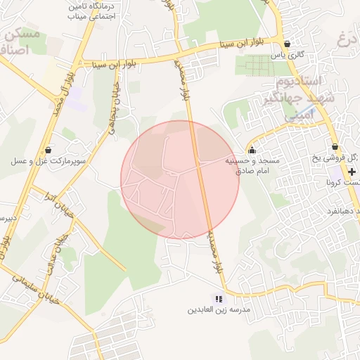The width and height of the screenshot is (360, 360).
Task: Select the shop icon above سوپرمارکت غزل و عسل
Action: tap(48, 150)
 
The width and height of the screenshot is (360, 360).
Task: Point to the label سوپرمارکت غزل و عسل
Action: tap(48, 161)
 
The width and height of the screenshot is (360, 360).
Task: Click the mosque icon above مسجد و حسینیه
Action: tap(252, 150)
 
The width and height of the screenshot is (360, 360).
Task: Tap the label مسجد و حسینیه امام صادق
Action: tap(252, 165)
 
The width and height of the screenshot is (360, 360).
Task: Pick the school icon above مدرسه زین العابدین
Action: tap(218, 299)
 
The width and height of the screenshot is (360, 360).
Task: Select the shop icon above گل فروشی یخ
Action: tap(335, 147)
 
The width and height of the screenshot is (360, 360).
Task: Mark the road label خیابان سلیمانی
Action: tap(28, 277)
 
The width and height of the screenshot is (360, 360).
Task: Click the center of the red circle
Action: tap(180, 180)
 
